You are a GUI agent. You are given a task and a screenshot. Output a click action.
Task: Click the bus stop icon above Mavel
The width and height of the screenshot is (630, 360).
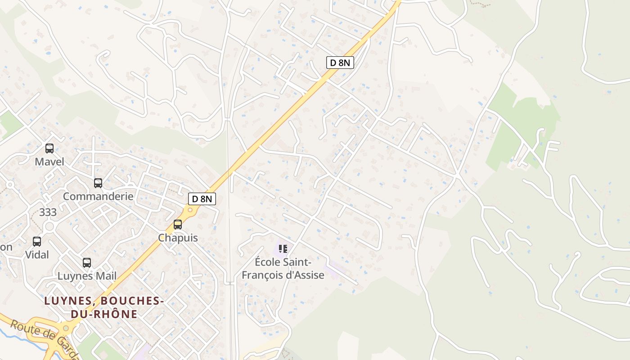tap(49, 148)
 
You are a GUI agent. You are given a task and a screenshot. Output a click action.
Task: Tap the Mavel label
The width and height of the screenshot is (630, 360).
tap(49, 162)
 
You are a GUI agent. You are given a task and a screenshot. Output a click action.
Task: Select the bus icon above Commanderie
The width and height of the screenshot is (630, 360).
tap(98, 183)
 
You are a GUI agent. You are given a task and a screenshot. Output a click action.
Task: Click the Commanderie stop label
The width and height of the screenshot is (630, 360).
tap(98, 196)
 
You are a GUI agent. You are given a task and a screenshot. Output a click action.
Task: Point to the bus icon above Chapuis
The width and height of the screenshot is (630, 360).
tap(178, 225)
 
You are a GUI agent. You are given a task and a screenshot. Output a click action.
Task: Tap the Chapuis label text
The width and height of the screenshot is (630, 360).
tap(178, 238)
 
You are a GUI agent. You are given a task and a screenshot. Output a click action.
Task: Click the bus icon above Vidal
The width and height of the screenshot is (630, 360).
tap(37, 242)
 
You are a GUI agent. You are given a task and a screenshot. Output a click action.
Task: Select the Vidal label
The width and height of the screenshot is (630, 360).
tap(37, 255)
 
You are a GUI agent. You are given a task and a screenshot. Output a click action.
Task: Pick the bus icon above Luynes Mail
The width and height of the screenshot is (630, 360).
tap(87, 263)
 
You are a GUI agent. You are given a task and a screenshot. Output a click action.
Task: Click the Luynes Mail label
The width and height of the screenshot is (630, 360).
tap(87, 276)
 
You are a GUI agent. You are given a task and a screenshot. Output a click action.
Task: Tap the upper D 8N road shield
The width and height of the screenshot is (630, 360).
tap(340, 63)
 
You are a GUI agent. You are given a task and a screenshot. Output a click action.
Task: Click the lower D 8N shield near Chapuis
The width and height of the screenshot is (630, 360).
tap(202, 198)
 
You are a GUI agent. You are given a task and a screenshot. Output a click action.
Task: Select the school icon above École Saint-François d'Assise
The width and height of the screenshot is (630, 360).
tap(283, 248)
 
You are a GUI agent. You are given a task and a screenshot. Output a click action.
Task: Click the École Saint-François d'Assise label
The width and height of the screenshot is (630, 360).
tap(283, 268)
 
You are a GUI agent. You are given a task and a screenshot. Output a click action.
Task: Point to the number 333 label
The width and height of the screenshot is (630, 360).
tap(48, 212)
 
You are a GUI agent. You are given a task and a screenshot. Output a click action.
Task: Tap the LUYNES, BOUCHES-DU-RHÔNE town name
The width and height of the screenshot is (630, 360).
tap(103, 307)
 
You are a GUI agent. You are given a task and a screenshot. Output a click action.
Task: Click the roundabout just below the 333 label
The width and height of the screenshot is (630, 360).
tap(49, 226)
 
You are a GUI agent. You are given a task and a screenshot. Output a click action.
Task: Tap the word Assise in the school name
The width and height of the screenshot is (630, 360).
tap(308, 275)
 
